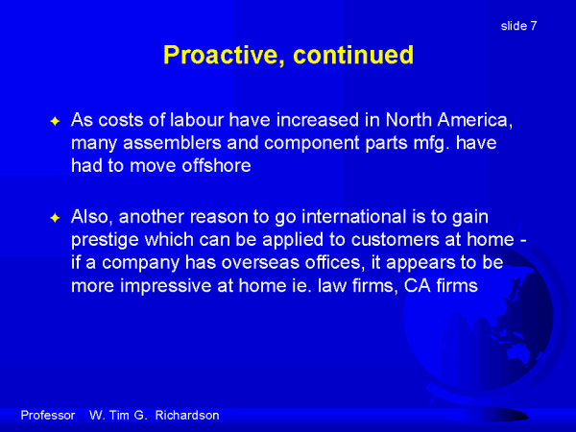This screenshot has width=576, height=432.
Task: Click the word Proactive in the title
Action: [x=224, y=55]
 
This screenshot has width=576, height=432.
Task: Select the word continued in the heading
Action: [x=353, y=55]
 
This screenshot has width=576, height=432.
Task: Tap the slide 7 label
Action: [x=518, y=26]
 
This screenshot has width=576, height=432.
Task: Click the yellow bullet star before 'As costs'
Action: [x=55, y=121]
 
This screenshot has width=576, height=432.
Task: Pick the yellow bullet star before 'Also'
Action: [x=55, y=218]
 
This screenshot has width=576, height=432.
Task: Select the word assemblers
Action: [x=172, y=142]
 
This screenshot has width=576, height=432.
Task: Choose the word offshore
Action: [x=216, y=165]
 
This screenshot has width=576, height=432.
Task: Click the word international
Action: [x=353, y=216]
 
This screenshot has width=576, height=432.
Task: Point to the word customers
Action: [x=396, y=239]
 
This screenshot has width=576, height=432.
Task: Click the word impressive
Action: [x=166, y=286]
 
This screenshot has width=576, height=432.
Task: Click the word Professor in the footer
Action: [x=48, y=415]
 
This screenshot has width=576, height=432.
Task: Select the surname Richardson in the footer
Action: [x=187, y=415]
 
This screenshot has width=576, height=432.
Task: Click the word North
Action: [x=409, y=120]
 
